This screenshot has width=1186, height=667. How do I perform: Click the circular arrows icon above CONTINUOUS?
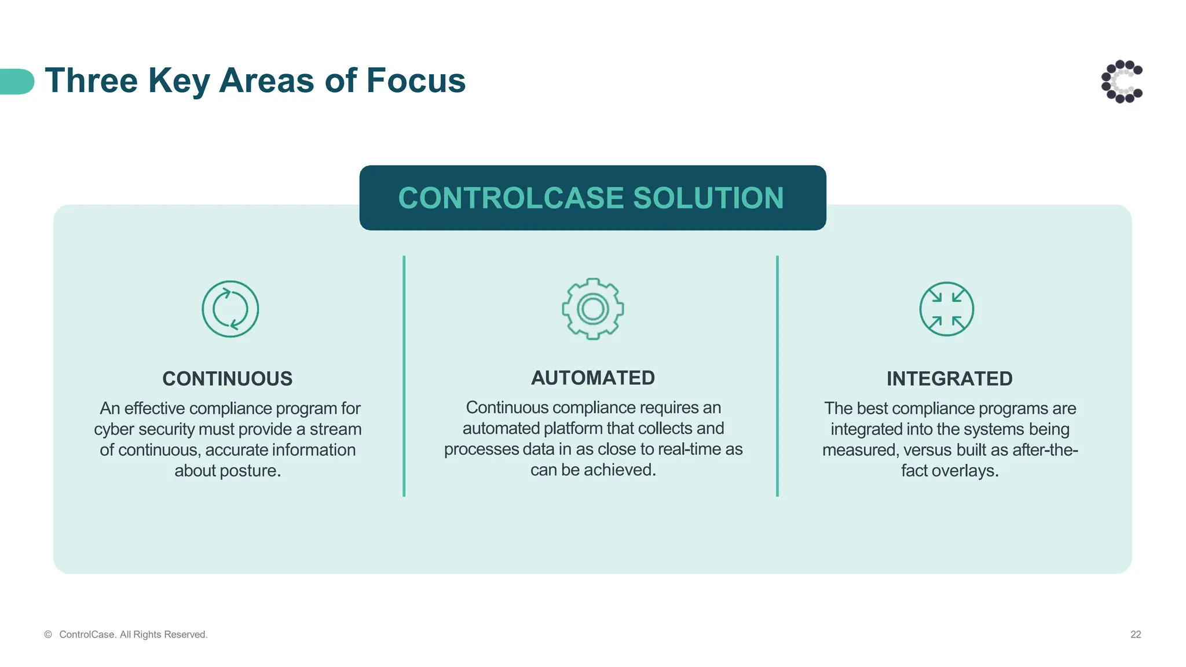[x=230, y=309]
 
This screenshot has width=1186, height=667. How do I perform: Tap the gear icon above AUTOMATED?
[x=592, y=309]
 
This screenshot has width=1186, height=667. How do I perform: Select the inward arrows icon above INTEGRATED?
[x=946, y=309]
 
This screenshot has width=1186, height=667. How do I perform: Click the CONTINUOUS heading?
[x=227, y=379]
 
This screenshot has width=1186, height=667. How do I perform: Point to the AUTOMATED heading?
[x=593, y=378]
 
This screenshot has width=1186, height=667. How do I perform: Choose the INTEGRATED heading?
[x=949, y=379]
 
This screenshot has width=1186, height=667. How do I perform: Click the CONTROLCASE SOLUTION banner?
[x=592, y=198]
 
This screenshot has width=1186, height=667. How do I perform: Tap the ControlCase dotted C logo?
[x=1122, y=82]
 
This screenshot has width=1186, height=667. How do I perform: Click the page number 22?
[x=1135, y=635]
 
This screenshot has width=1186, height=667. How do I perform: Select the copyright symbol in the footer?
[x=48, y=635]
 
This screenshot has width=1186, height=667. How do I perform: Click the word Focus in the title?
[x=416, y=80]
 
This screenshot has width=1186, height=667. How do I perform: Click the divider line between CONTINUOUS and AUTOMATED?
[x=404, y=376]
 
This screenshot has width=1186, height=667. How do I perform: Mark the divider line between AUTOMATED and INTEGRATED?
[x=777, y=376]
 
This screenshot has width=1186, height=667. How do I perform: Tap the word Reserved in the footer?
[x=185, y=635]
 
